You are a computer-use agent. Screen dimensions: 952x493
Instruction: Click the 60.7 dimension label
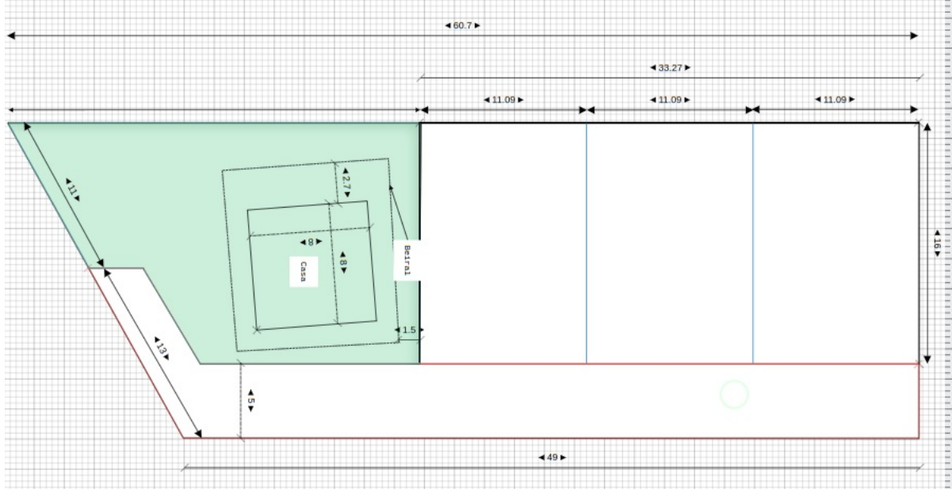(x=462, y=25)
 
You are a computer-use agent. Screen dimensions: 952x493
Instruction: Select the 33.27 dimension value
(x=670, y=67)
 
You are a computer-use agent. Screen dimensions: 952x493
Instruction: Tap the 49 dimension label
(x=552, y=457)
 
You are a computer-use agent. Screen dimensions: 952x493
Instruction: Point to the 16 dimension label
(x=937, y=243)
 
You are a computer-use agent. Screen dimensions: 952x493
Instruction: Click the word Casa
(x=303, y=272)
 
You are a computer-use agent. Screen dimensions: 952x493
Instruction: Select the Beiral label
(x=407, y=260)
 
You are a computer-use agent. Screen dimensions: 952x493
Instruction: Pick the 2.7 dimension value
(x=346, y=183)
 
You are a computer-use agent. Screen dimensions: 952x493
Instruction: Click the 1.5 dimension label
(x=409, y=330)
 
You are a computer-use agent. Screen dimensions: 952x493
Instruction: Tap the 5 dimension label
(x=250, y=401)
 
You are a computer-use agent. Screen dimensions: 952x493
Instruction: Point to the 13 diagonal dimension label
(x=161, y=349)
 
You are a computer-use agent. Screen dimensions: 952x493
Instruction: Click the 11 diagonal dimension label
(x=73, y=189)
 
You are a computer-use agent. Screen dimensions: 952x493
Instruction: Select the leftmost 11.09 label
(x=503, y=100)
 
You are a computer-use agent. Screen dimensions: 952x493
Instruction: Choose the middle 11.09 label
(x=670, y=100)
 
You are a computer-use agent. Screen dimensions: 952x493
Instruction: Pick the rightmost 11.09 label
(x=835, y=99)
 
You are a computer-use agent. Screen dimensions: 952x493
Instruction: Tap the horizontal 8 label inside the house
(x=311, y=242)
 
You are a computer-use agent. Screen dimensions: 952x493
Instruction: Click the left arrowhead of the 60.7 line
(x=11, y=36)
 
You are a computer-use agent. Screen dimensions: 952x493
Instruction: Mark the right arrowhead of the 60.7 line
(x=914, y=36)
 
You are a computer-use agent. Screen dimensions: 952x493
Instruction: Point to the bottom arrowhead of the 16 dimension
(x=927, y=360)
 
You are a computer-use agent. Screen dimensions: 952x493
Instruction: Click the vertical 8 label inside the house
(x=343, y=262)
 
